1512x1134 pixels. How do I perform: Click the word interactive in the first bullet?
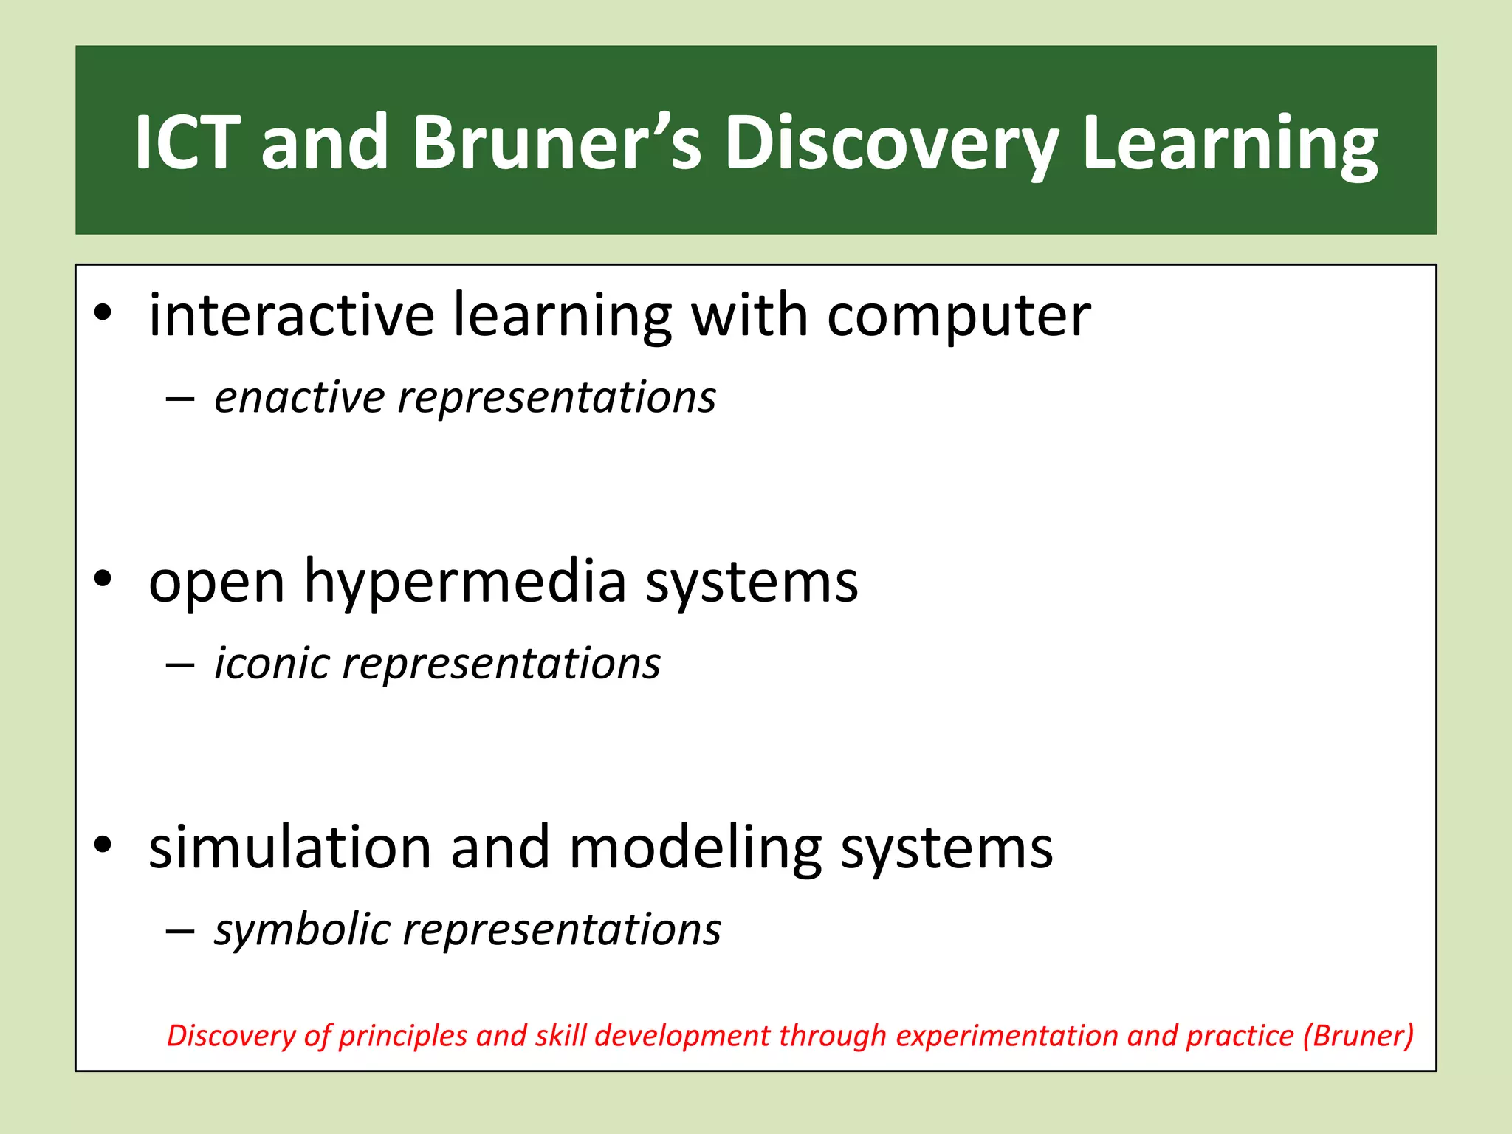point(292,315)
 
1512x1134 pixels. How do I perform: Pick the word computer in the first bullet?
point(958,315)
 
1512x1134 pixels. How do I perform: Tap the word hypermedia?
point(465,581)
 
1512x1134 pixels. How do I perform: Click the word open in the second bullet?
point(216,581)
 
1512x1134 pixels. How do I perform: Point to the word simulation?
point(290,847)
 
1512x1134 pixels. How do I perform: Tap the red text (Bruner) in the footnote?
point(1358,1035)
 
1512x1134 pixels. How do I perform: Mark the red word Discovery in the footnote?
point(230,1035)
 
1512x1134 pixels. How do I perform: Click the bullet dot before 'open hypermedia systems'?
point(103,579)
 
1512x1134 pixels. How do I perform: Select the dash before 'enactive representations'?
point(180,399)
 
